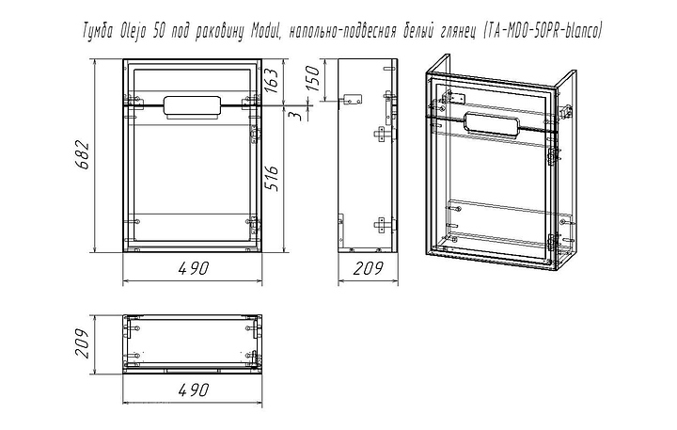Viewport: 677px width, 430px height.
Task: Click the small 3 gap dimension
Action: point(295,116)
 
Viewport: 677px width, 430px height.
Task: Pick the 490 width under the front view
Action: point(192,270)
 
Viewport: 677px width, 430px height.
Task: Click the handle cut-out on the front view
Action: point(192,106)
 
